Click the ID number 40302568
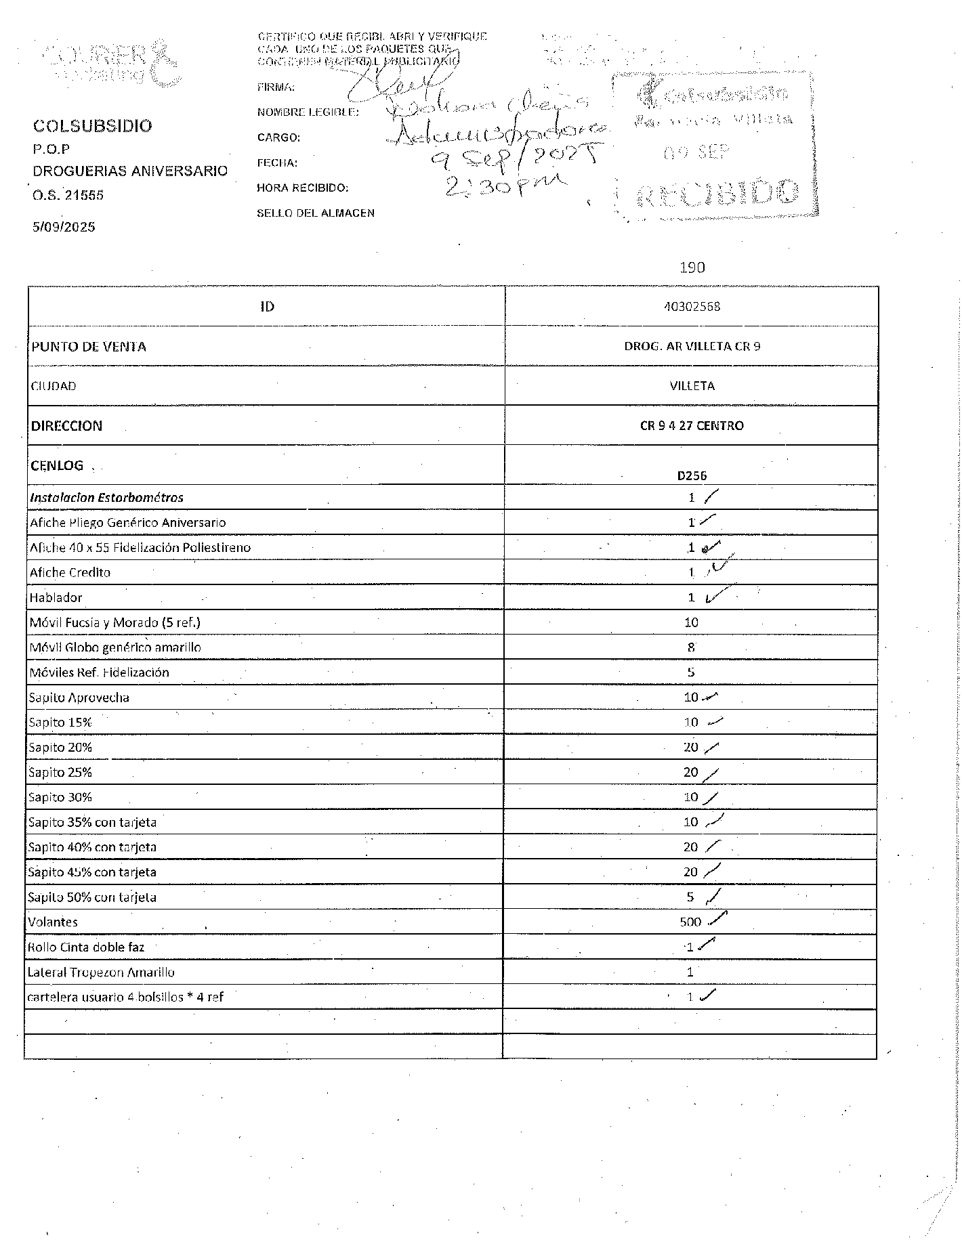692,307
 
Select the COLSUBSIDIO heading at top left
93,126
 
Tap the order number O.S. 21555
68,196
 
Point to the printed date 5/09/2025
64,227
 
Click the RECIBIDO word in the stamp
718,195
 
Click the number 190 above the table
692,267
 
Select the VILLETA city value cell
692,386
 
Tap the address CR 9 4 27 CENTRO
692,426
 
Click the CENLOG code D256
692,475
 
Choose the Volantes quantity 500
690,922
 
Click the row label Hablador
56,597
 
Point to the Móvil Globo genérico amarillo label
115,647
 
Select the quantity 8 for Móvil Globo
691,647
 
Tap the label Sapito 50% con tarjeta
92,897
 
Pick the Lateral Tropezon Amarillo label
101,972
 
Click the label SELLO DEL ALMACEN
316,213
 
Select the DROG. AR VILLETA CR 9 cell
692,347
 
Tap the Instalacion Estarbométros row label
106,498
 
